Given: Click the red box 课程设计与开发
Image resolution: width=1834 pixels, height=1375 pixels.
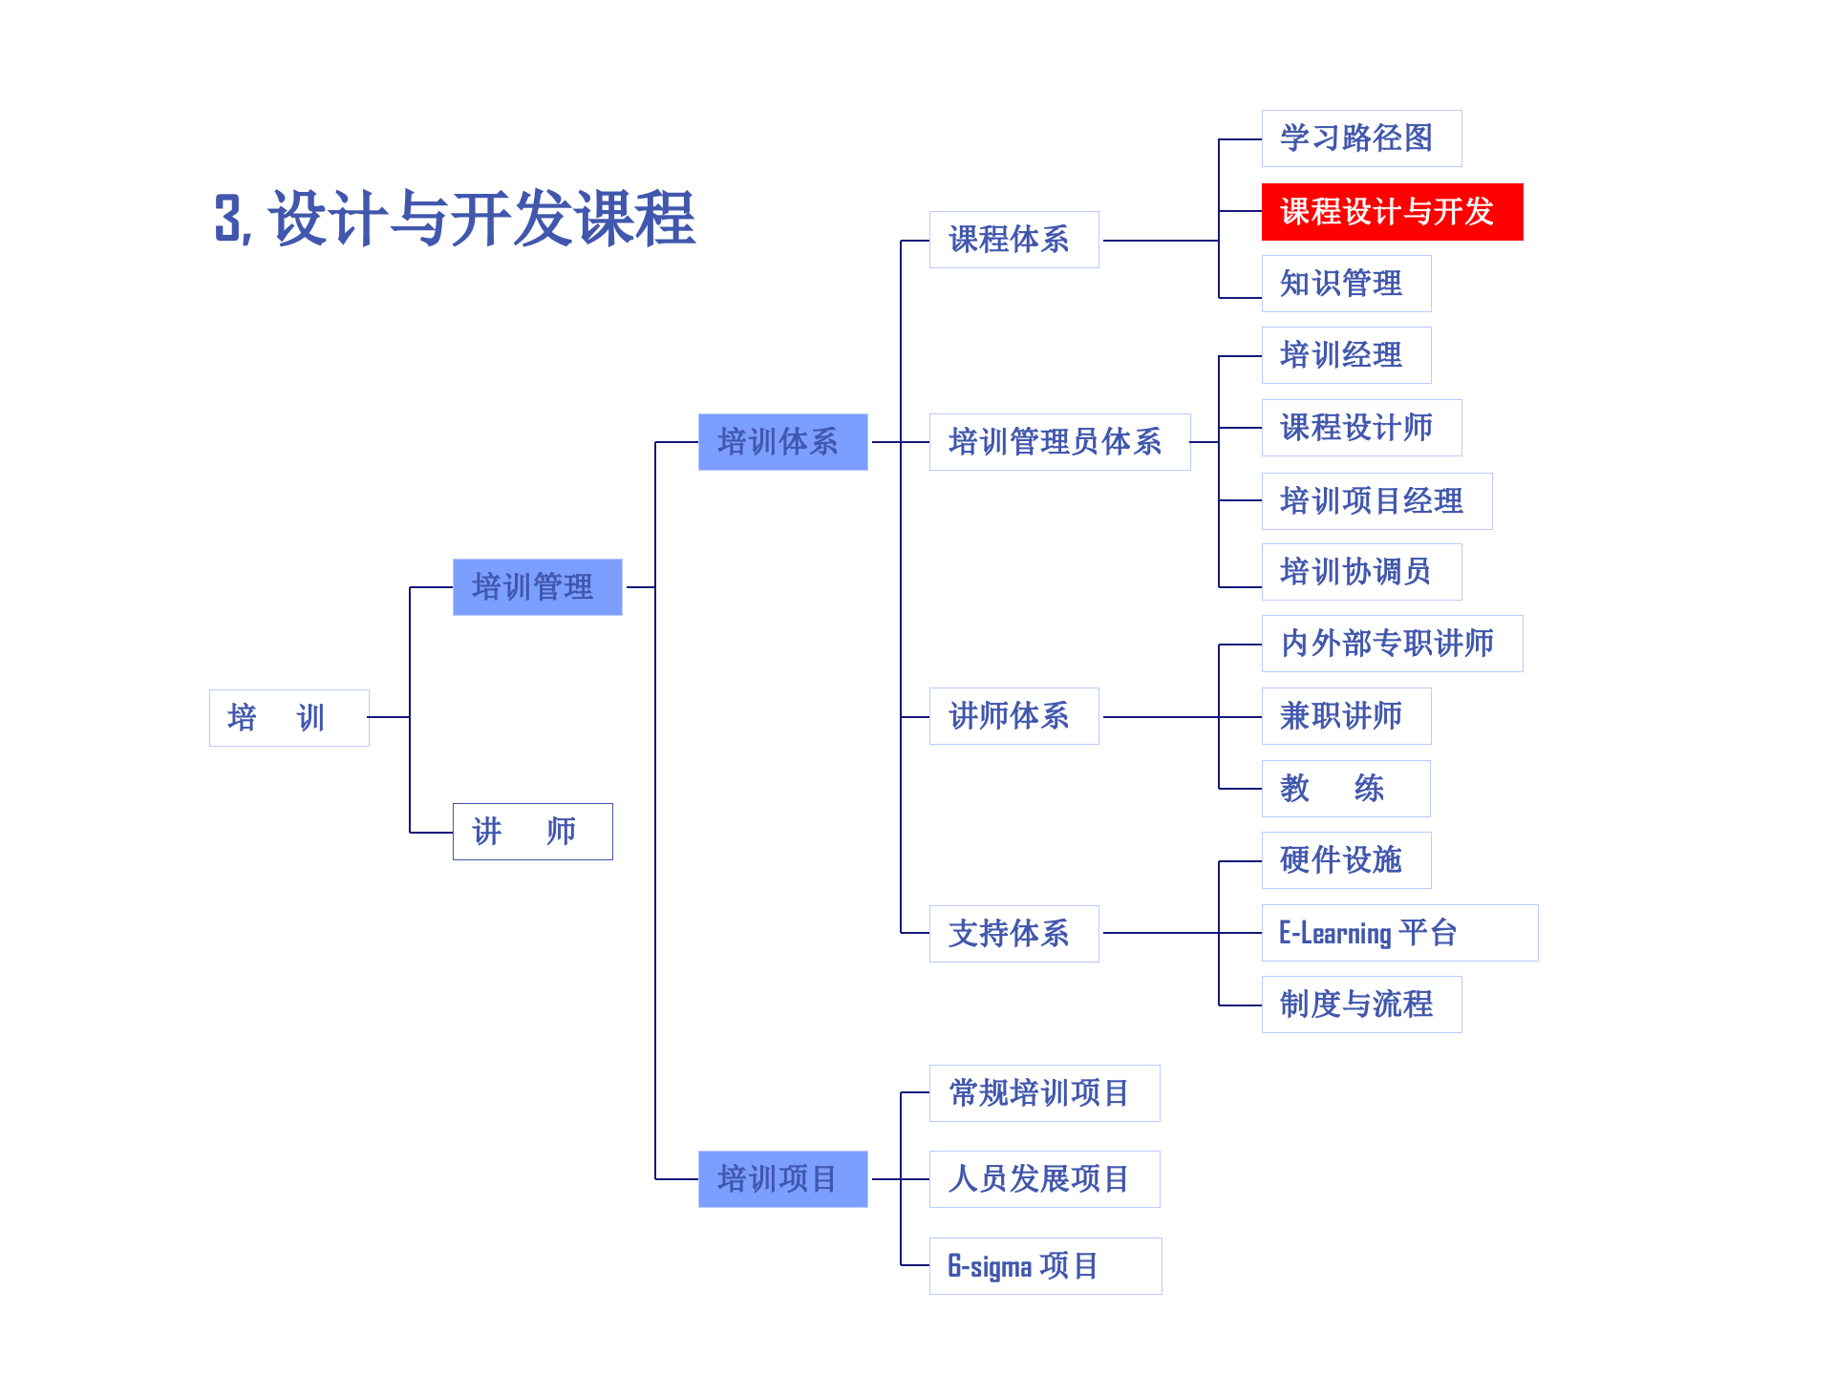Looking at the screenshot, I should pyautogui.click(x=1392, y=212).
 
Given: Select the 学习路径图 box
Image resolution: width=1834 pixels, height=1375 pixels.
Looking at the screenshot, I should pyautogui.click(x=1361, y=138).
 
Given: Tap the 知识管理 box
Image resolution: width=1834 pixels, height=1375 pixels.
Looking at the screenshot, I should pyautogui.click(x=1346, y=284).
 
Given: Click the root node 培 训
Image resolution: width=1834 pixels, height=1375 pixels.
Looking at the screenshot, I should pyautogui.click(x=288, y=717).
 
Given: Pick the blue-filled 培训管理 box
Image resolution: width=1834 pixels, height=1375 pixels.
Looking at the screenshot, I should pyautogui.click(x=537, y=586).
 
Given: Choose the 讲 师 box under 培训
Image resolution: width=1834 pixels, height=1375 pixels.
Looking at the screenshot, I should pyautogui.click(x=532, y=832).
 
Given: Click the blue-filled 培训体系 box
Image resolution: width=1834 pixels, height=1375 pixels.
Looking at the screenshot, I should pyautogui.click(x=782, y=441).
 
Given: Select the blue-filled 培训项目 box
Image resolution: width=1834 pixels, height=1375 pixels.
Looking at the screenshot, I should pyautogui.click(x=782, y=1178).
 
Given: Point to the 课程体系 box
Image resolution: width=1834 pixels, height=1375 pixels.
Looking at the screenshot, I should pyautogui.click(x=1013, y=240).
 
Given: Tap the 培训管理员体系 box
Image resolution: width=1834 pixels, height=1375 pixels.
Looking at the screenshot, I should pyautogui.click(x=1059, y=441).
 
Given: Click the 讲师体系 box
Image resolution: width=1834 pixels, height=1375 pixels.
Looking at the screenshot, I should pyautogui.click(x=1013, y=716).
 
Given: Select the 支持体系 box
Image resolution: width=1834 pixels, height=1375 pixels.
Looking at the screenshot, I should pyautogui.click(x=1013, y=933).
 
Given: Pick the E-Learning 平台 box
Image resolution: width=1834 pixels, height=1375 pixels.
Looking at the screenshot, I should pyautogui.click(x=1398, y=933).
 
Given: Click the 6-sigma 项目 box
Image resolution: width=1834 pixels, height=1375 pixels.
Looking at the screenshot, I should pyautogui.click(x=1045, y=1266).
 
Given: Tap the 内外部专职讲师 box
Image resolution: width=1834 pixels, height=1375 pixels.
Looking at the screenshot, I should pyautogui.click(x=1392, y=644).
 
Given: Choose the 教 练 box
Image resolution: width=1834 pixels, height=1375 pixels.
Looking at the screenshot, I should pyautogui.click(x=1345, y=789).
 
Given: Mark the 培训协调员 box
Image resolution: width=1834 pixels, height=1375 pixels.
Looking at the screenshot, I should pyautogui.click(x=1361, y=572).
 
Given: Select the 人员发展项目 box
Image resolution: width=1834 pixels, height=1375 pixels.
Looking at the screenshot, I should pyautogui.click(x=1044, y=1178).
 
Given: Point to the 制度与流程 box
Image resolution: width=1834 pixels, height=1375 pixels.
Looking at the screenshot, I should pyautogui.click(x=1361, y=1005).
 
